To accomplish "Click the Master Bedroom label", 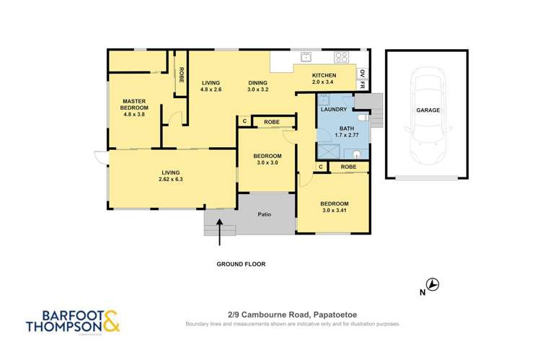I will tap(135, 107).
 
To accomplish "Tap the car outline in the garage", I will tap(426, 115).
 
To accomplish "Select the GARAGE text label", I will tap(427, 110).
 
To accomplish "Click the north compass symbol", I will tap(433, 285).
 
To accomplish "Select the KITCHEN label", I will tap(324, 76).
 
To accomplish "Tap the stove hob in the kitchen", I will tap(341, 58).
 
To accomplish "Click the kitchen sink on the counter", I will tap(306, 57).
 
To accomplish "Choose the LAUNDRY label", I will tap(335, 109).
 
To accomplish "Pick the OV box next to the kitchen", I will tap(362, 73).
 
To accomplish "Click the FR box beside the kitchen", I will tap(362, 85).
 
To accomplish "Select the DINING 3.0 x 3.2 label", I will tap(257, 86).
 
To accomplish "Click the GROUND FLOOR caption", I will tap(241, 264).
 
